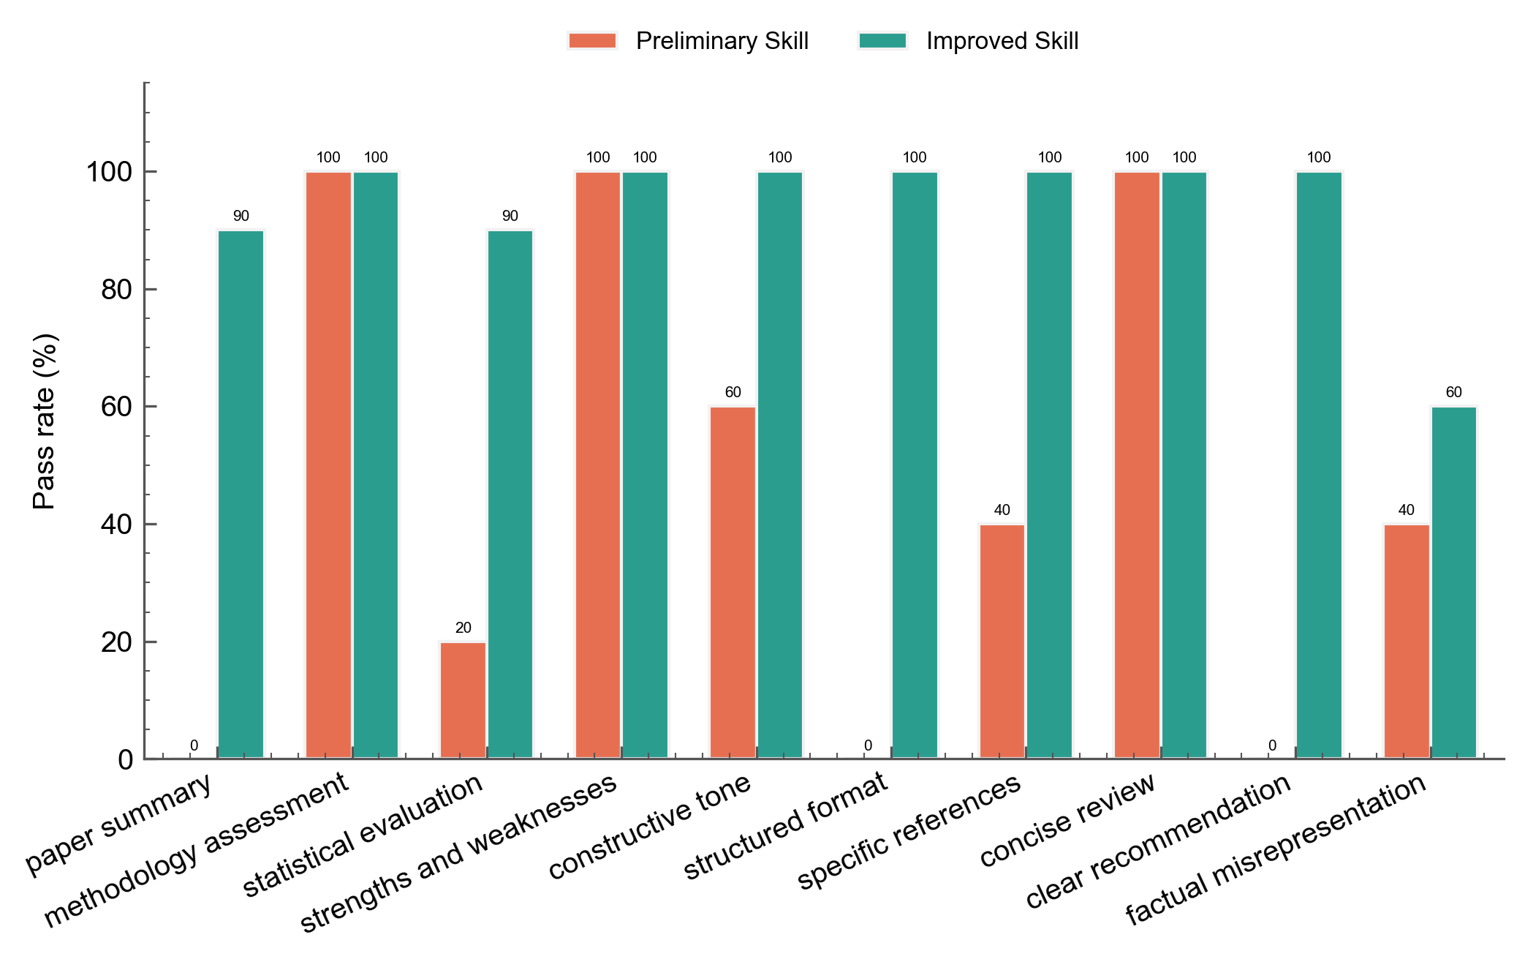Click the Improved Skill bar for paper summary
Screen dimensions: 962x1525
click(x=241, y=495)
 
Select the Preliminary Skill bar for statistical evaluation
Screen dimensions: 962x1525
click(x=463, y=700)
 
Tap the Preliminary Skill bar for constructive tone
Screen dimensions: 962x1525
click(x=733, y=582)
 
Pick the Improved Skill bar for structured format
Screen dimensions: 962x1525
click(x=915, y=465)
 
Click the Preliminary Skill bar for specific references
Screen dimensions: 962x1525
click(x=1002, y=642)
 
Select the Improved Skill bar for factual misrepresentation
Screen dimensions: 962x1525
click(x=1454, y=582)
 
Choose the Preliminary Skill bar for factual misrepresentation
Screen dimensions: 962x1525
click(x=1407, y=642)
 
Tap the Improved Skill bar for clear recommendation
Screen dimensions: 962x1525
click(x=1319, y=465)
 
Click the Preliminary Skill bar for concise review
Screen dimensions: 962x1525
click(x=1137, y=465)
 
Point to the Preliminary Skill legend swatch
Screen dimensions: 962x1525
click(x=592, y=41)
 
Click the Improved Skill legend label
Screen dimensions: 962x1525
click(x=1002, y=41)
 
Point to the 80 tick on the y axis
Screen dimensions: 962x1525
click(x=145, y=290)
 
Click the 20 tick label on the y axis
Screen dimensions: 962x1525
click(x=117, y=642)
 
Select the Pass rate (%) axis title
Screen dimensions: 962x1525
click(x=45, y=421)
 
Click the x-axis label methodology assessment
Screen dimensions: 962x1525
click(x=197, y=850)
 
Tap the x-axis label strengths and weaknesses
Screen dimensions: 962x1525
click(x=459, y=853)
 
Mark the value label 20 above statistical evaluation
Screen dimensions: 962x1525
click(x=463, y=628)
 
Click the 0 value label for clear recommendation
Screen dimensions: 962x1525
click(x=1272, y=745)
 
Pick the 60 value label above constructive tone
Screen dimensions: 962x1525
click(x=733, y=392)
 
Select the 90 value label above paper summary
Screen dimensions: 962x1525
click(x=241, y=216)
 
